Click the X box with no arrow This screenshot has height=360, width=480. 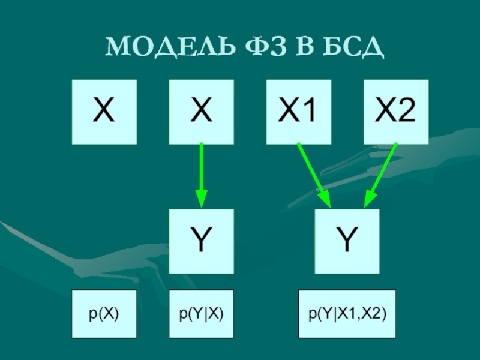coord(104,112)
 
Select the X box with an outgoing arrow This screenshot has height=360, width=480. coord(201,112)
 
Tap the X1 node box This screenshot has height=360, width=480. coord(298,112)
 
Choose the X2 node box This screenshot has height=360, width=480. coord(396,112)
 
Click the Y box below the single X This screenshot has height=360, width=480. coord(201,241)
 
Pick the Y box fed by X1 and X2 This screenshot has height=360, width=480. coord(347,241)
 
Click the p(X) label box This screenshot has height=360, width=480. coord(104,313)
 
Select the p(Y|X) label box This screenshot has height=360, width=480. coord(201,313)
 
